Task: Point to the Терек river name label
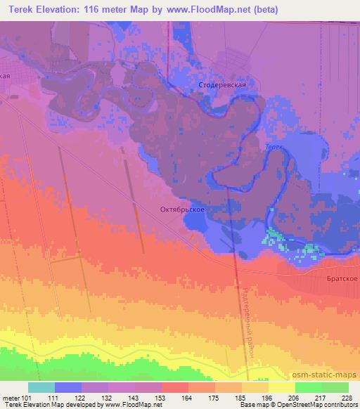click(x=273, y=148)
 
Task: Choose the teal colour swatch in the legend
click(x=41, y=387)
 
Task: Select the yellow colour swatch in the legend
click(x=281, y=387)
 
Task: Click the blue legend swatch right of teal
click(x=68, y=387)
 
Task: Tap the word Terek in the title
click(x=20, y=10)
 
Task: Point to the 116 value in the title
click(x=95, y=10)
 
